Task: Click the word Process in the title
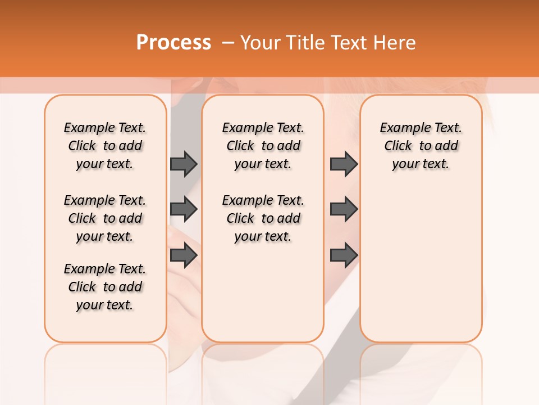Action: (173, 43)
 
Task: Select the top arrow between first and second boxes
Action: (184, 164)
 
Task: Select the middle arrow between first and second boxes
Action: (184, 209)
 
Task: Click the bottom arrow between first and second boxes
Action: (184, 255)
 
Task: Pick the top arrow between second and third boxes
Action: (344, 164)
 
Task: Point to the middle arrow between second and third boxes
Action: (344, 209)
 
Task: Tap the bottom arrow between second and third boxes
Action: (344, 255)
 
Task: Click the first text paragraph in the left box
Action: (105, 146)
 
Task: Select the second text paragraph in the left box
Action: (105, 218)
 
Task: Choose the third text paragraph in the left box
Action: (105, 287)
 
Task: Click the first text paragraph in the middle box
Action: (263, 146)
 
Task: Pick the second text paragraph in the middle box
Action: (263, 218)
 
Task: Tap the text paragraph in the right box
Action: (421, 146)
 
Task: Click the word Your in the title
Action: (258, 43)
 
